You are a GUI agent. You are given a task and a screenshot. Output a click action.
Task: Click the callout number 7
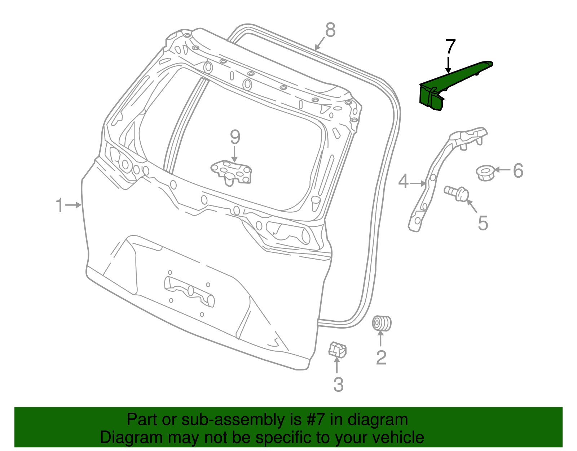click(450, 47)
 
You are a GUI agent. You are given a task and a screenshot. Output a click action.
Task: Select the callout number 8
click(330, 30)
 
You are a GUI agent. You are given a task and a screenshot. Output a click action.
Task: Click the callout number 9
click(235, 137)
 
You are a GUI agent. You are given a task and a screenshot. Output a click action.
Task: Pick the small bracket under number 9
click(231, 172)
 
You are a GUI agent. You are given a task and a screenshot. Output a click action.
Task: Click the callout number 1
click(60, 205)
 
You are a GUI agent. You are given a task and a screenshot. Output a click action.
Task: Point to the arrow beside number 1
click(74, 205)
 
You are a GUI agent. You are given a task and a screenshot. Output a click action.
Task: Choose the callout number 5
click(483, 223)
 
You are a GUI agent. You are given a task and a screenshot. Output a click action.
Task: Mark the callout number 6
click(518, 170)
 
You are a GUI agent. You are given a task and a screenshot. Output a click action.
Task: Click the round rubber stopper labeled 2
click(381, 323)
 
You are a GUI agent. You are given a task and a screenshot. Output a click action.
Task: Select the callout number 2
click(381, 357)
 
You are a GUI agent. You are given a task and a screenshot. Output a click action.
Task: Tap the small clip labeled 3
click(337, 349)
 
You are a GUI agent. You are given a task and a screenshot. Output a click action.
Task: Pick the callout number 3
click(338, 385)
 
